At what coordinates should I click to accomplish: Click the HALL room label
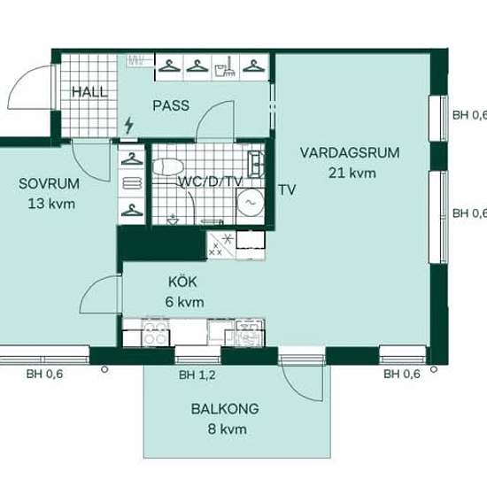(x=89, y=92)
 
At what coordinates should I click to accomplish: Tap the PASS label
(x=171, y=106)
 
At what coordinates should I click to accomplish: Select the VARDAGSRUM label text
(x=350, y=153)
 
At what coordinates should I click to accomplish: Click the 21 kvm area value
(x=352, y=173)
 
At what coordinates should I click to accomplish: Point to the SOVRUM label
(x=49, y=184)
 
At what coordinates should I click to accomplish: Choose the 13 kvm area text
(x=51, y=204)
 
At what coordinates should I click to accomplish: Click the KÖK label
(x=182, y=282)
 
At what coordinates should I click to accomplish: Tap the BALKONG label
(x=225, y=409)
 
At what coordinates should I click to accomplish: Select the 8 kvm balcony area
(x=228, y=429)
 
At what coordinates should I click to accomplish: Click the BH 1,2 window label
(x=197, y=375)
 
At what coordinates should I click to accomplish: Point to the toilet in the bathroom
(x=168, y=166)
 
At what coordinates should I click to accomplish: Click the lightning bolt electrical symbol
(x=129, y=125)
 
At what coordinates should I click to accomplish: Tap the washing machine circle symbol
(x=250, y=203)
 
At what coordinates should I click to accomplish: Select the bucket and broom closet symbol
(x=226, y=67)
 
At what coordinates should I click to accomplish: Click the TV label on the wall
(x=287, y=190)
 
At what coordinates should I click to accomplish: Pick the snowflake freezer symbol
(x=228, y=238)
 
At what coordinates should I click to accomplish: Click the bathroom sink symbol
(x=256, y=164)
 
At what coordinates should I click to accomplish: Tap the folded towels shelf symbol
(x=132, y=183)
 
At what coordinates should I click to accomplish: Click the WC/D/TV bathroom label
(x=210, y=182)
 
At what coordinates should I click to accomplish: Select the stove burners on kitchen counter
(x=155, y=334)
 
